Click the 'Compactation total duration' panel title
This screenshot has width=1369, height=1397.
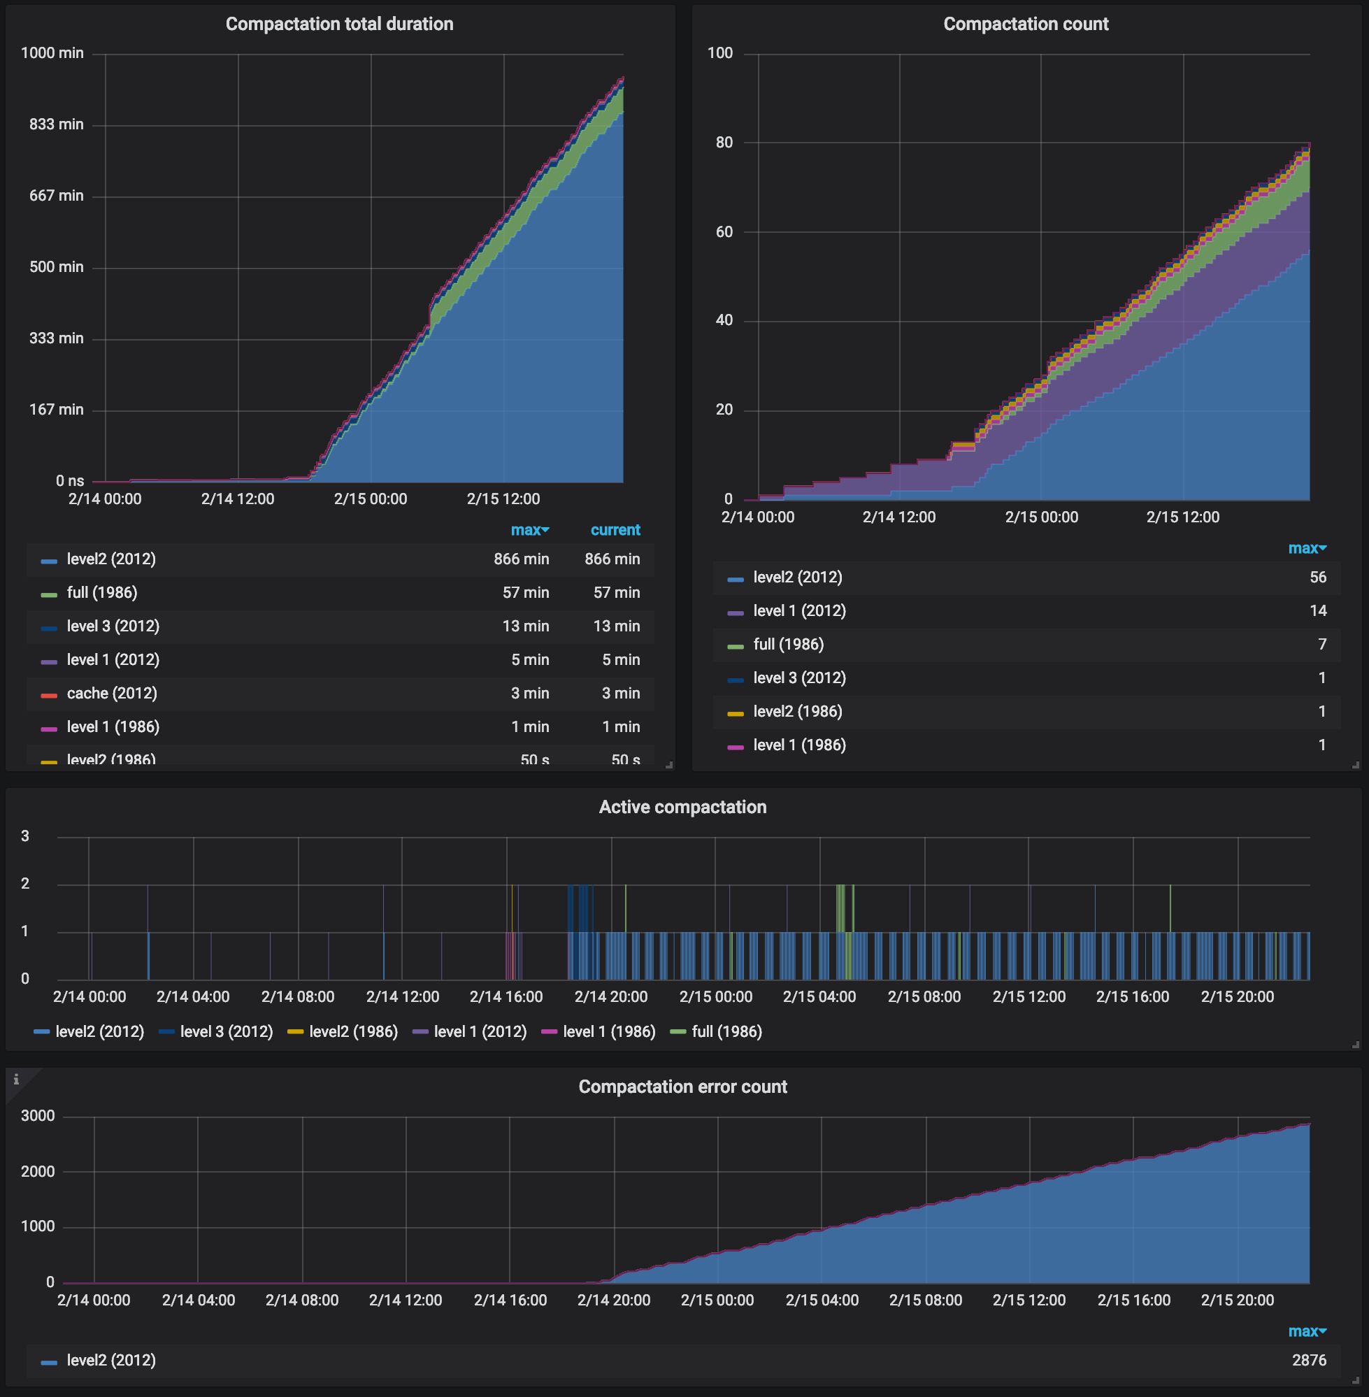tap(339, 24)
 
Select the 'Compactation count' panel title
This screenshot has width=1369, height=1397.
tap(1025, 24)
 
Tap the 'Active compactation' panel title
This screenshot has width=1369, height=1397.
tap(682, 808)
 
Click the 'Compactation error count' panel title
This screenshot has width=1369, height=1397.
tap(682, 1087)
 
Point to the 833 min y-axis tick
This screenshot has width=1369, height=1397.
tap(56, 124)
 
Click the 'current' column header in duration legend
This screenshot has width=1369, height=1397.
tap(615, 531)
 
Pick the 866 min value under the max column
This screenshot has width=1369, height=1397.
tap(521, 559)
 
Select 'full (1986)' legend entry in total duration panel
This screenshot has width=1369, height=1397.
tap(101, 593)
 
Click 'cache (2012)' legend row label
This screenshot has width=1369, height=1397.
tap(111, 694)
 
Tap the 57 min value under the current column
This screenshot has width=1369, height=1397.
tap(616, 593)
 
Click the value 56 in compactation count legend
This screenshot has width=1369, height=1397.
tap(1317, 578)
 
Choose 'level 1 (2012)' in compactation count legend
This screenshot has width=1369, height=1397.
tap(799, 611)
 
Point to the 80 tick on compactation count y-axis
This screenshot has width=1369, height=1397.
tap(724, 143)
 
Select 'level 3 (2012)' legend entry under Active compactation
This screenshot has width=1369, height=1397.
tap(226, 1033)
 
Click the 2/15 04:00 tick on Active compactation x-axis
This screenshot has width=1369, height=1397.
tap(819, 997)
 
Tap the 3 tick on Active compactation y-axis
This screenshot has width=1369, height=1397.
tap(25, 836)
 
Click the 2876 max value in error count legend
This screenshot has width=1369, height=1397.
tap(1308, 1361)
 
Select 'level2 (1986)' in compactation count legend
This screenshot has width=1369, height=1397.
tap(796, 712)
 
